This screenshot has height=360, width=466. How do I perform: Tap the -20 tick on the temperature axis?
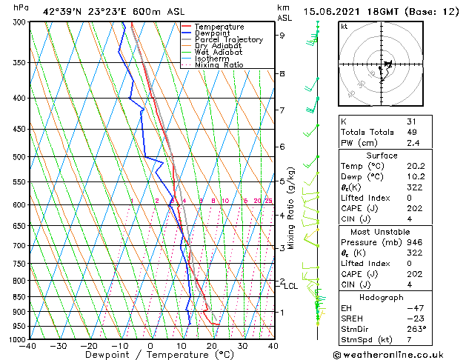click(89, 346)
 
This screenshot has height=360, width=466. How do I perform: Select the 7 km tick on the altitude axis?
click(282, 110)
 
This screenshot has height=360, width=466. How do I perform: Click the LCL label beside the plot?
click(291, 286)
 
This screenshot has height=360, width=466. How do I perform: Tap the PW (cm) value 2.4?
click(412, 143)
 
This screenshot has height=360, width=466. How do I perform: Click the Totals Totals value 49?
click(412, 132)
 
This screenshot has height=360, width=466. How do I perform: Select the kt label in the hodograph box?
click(344, 27)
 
